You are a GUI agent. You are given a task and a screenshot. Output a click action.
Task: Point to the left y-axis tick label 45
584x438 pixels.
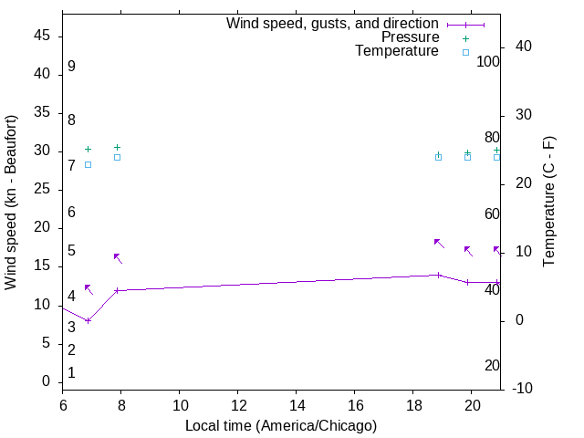click(41, 36)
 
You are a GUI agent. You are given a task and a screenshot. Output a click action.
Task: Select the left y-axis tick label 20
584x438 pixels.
click(41, 228)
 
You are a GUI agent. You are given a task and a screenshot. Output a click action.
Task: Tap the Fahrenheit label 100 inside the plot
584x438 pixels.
click(488, 61)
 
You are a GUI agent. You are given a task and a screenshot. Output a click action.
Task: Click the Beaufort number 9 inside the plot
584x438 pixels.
click(71, 67)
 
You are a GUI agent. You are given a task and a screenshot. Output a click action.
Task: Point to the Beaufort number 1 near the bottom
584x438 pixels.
click(71, 373)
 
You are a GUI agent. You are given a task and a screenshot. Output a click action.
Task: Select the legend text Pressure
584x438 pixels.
click(409, 37)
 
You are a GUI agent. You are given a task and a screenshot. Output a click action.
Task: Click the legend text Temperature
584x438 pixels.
click(397, 51)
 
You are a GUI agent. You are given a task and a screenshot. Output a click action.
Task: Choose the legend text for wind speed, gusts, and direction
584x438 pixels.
click(332, 24)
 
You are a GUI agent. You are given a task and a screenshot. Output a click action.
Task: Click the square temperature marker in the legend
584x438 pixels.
click(465, 52)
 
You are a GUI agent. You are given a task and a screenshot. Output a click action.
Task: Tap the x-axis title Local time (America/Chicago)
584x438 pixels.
click(281, 425)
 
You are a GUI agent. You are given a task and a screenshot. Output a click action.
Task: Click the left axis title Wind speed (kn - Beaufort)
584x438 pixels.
click(11, 203)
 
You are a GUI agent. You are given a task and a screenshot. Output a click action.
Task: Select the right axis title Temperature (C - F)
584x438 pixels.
click(548, 203)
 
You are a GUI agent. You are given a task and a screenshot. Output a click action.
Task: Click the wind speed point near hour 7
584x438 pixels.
click(89, 320)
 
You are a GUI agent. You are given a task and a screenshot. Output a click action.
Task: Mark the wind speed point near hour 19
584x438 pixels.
click(439, 275)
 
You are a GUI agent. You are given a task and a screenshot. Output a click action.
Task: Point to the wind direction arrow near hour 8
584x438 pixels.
click(118, 258)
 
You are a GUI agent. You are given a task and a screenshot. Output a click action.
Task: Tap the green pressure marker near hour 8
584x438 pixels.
click(117, 147)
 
